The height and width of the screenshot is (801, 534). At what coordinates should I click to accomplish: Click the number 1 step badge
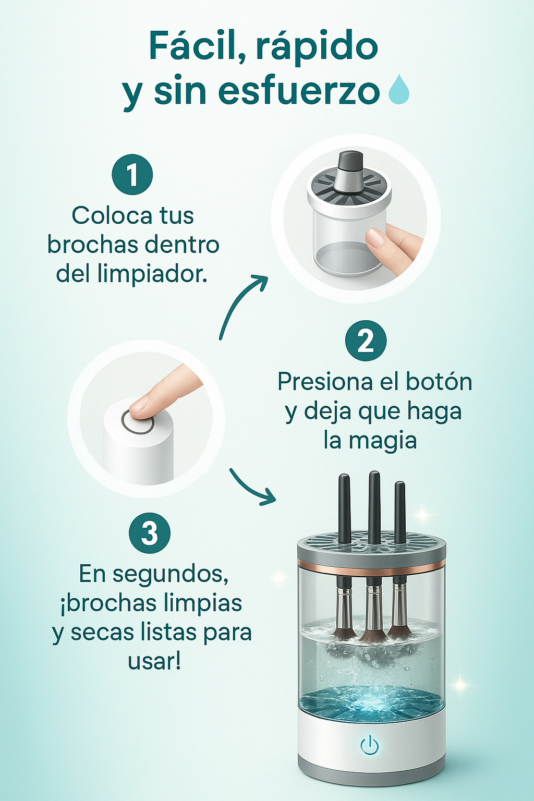coord(132,175)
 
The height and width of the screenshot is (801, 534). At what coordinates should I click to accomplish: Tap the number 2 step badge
coord(366,341)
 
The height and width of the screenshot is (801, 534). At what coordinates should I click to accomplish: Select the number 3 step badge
coord(150,533)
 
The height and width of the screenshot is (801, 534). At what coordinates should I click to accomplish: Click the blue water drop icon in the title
coord(399,89)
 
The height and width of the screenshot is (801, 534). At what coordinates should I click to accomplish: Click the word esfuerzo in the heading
coord(299,91)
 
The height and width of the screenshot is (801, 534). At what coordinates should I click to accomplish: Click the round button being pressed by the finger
coord(138,422)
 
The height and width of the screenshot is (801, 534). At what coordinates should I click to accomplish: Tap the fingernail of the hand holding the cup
coord(375,237)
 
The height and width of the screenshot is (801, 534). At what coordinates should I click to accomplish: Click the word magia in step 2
coord(383,441)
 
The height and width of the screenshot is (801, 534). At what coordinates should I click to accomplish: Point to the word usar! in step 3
coord(154,661)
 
